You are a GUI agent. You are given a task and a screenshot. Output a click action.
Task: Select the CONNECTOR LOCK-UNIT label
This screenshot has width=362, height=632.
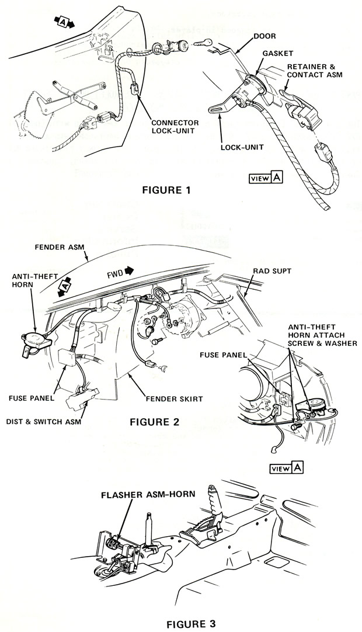click(x=175, y=127)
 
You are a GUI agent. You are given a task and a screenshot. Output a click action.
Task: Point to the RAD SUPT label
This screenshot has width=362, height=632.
click(x=273, y=270)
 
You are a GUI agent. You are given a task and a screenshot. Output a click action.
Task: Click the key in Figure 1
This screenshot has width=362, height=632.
click(x=200, y=43)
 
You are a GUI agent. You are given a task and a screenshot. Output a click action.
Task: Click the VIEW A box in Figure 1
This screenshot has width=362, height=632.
click(x=266, y=178)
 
